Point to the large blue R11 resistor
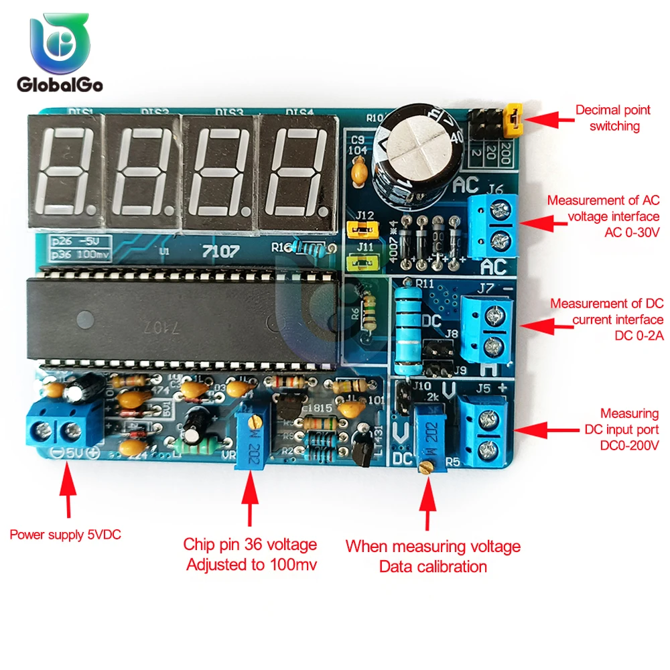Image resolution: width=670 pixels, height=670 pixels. pos(408,328)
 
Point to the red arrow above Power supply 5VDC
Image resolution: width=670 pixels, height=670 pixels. pos(64,492)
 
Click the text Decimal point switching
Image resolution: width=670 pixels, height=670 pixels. pos(607,118)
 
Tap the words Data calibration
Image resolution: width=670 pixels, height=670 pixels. pos(433,567)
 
